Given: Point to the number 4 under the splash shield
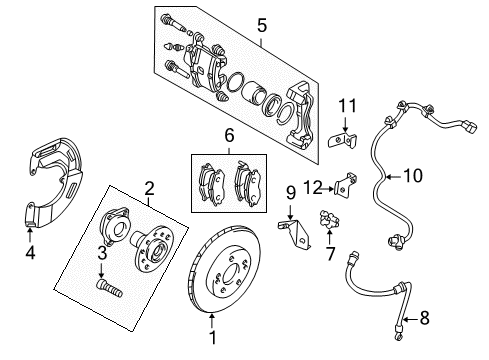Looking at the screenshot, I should coord(29,253).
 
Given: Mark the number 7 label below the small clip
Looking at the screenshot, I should coord(330,254).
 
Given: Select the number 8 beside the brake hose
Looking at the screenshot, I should coord(423,320).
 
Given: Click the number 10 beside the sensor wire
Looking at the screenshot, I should coord(411,176).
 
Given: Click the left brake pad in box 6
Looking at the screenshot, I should coord(212,181).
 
